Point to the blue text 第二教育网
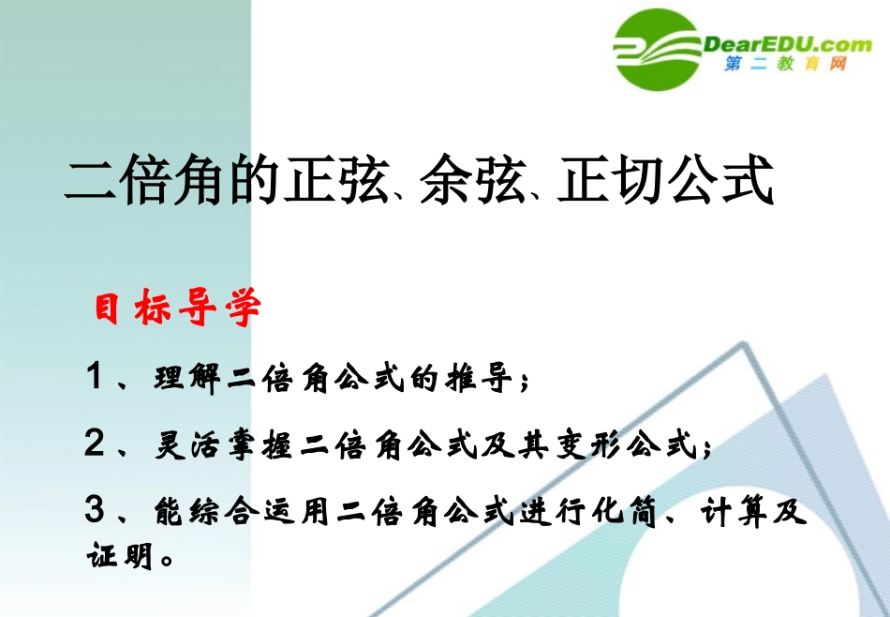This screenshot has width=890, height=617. [x=785, y=65]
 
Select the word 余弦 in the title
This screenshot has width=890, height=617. [x=470, y=180]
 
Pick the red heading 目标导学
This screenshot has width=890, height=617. [x=177, y=309]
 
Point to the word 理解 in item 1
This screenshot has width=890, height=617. [x=189, y=379]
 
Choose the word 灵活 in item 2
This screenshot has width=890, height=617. [x=189, y=446]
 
